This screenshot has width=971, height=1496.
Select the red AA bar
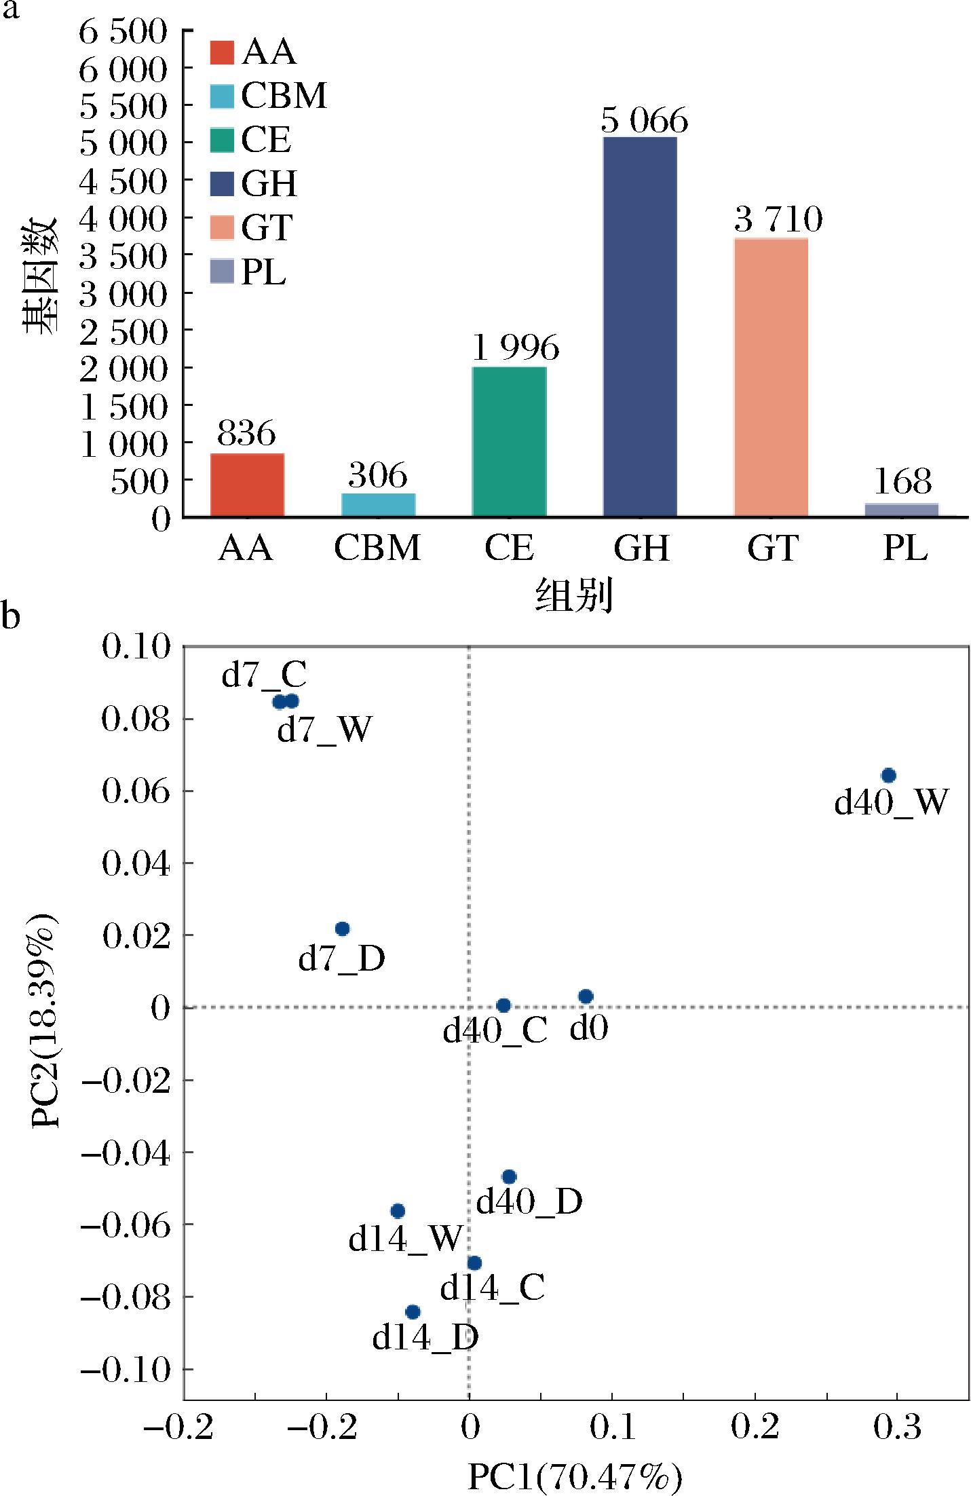click(x=247, y=485)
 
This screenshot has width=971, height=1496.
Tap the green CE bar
click(x=509, y=442)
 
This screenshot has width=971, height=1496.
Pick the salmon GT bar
click(x=771, y=377)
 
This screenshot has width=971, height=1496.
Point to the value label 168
click(x=902, y=481)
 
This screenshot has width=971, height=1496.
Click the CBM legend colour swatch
click(x=222, y=96)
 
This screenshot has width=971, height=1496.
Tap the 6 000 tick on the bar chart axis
click(x=123, y=70)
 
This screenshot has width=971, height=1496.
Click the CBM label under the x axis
click(x=377, y=548)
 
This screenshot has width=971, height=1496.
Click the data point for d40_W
click(x=888, y=775)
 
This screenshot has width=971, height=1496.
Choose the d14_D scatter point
click(x=413, y=1312)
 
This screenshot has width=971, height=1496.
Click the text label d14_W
click(x=405, y=1240)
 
